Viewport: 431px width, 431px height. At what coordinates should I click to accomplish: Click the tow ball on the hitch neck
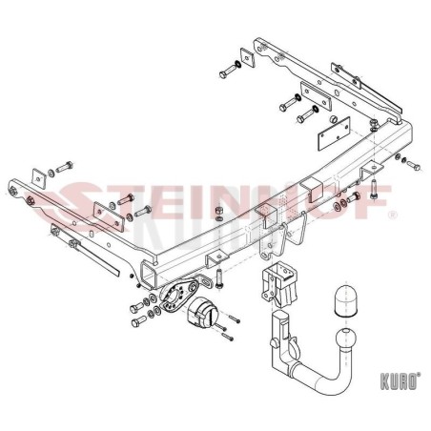346,339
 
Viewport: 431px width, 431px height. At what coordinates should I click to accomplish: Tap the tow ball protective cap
346,300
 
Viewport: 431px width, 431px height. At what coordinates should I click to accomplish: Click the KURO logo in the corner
400,380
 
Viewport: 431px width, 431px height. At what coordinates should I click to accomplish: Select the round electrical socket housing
201,311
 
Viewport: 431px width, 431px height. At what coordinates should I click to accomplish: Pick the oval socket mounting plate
179,294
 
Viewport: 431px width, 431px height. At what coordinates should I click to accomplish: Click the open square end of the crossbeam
148,275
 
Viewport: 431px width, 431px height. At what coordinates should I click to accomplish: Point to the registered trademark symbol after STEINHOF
393,215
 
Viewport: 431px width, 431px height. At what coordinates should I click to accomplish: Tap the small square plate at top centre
248,57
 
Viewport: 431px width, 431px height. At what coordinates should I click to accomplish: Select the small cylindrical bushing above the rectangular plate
333,119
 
